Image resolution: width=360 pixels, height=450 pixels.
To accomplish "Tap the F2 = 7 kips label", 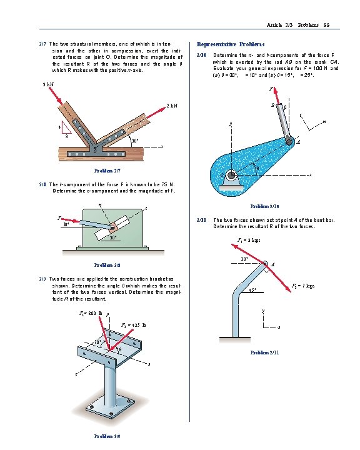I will [303, 286].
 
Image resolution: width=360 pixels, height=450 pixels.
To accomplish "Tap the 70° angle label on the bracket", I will [97, 341].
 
